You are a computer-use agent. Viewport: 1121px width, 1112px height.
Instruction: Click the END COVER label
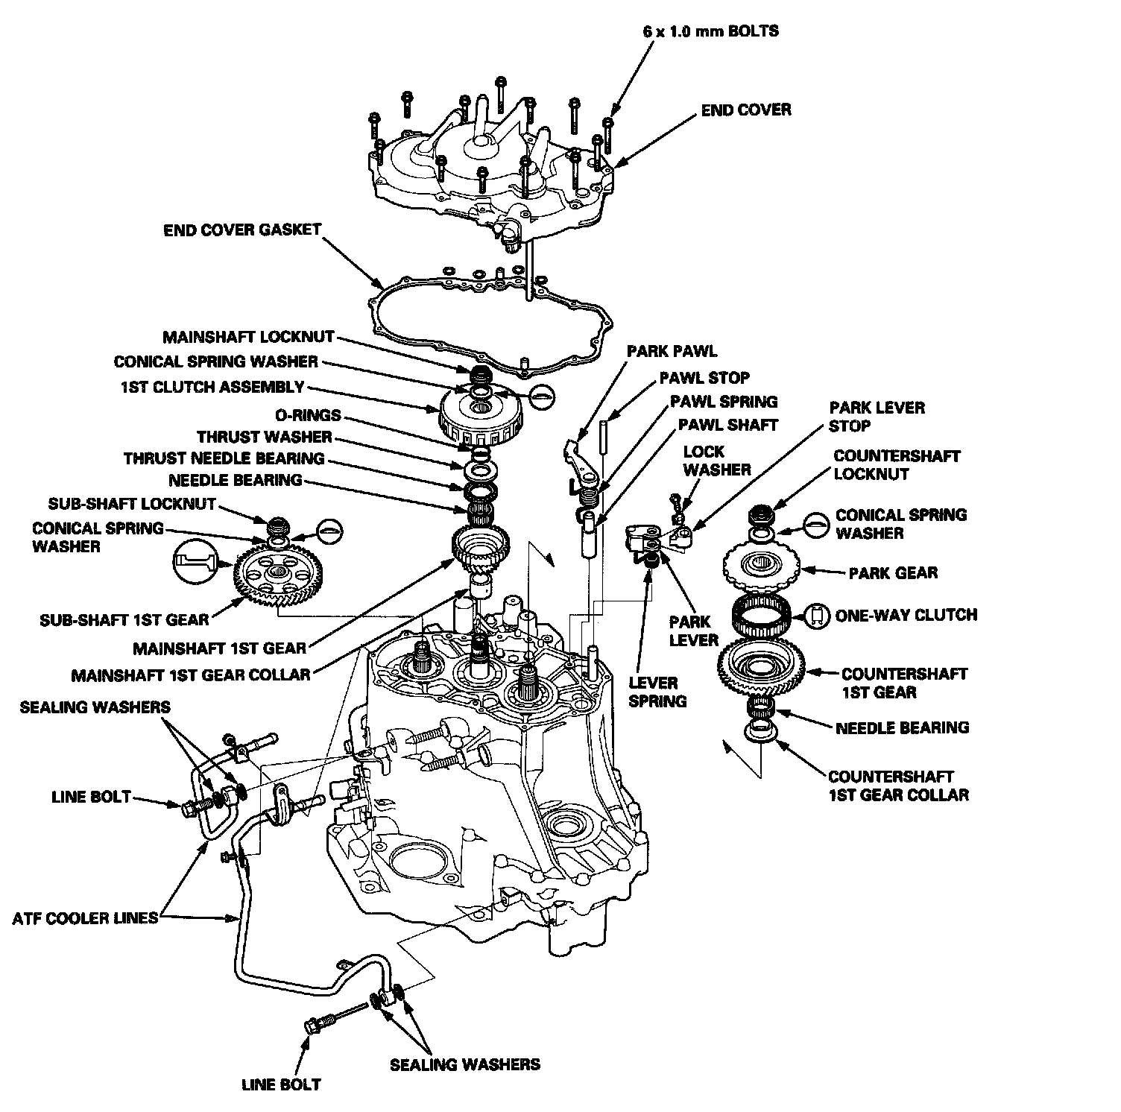click(746, 110)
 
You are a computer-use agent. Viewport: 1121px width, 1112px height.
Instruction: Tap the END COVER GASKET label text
click(242, 230)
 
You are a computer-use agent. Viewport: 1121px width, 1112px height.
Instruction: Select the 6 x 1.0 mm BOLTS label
click(710, 32)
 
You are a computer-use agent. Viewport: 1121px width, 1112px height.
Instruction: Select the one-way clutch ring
click(762, 616)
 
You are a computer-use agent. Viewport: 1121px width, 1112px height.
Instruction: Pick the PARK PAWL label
click(672, 350)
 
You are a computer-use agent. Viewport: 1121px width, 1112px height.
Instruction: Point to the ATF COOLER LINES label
click(86, 917)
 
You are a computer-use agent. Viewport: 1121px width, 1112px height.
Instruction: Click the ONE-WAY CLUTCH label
click(906, 616)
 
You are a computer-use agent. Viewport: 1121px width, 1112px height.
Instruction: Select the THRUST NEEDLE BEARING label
click(224, 458)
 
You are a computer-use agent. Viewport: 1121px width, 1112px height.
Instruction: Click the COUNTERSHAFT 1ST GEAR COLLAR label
click(898, 786)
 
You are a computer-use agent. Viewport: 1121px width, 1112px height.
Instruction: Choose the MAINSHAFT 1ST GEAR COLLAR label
click(191, 675)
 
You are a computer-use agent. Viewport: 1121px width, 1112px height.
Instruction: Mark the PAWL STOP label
click(704, 378)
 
